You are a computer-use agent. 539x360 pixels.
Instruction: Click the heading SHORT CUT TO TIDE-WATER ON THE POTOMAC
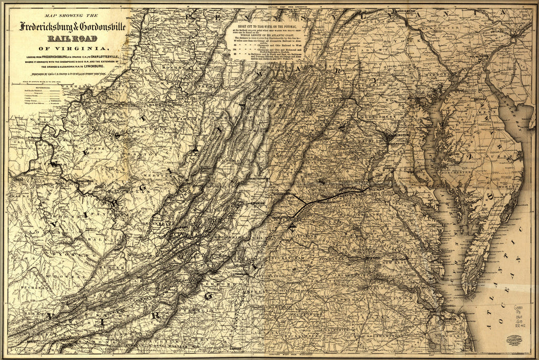point(266,24)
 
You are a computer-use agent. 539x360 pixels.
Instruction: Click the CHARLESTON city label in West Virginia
point(85,182)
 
